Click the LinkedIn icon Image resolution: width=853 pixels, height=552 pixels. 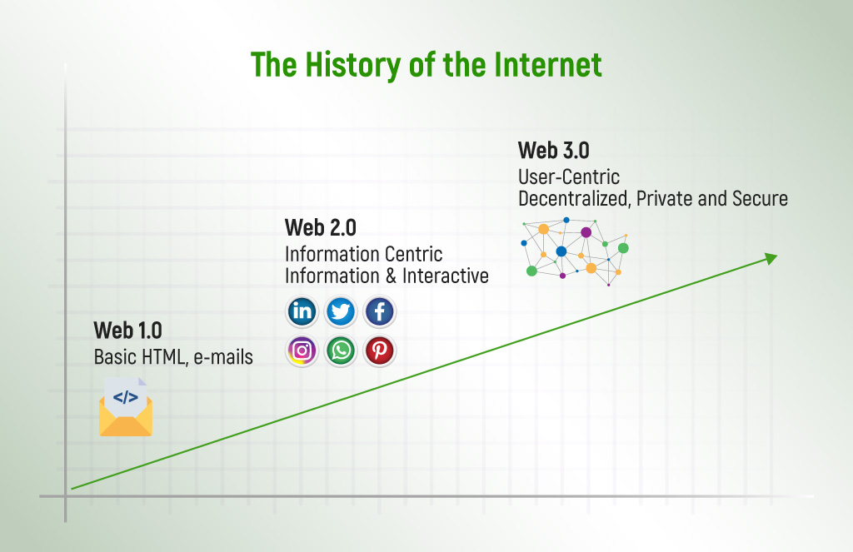[x=302, y=312]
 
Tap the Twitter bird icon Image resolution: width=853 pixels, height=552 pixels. [x=341, y=312]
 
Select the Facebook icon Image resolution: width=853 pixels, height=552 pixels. [x=380, y=312]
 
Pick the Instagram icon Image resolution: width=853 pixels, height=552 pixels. [x=302, y=351]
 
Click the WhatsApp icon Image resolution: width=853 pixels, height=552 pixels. [x=341, y=351]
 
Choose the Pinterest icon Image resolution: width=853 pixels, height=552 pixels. [x=380, y=351]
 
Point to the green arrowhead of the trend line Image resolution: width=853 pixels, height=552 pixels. [x=771, y=259]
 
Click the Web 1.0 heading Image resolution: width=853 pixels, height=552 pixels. [x=127, y=331]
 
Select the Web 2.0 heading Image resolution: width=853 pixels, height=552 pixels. [x=320, y=227]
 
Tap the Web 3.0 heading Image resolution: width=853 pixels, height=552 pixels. [x=553, y=150]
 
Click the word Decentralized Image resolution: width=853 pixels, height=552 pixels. [x=579, y=199]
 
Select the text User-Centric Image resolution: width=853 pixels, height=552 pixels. [x=569, y=177]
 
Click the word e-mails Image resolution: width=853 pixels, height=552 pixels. [x=223, y=357]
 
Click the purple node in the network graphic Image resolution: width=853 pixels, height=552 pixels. [x=586, y=232]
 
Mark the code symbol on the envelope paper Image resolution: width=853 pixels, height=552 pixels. [x=126, y=397]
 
